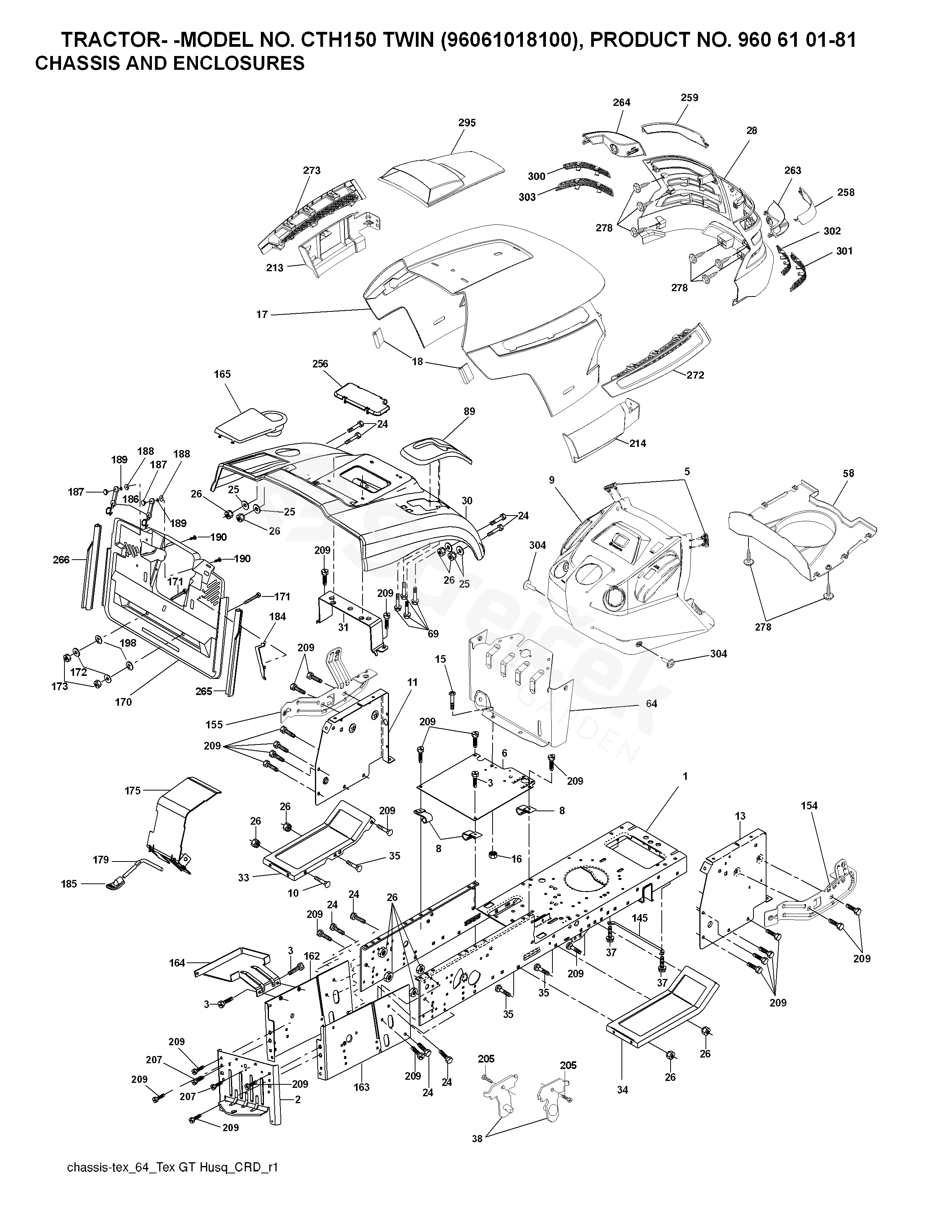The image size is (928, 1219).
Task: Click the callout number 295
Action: pos(467,123)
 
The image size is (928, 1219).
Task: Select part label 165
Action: pos(222,374)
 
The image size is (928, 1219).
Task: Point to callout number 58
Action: pos(849,473)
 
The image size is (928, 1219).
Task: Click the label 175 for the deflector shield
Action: pos(133,791)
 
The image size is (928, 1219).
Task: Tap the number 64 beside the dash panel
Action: pos(651,704)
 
